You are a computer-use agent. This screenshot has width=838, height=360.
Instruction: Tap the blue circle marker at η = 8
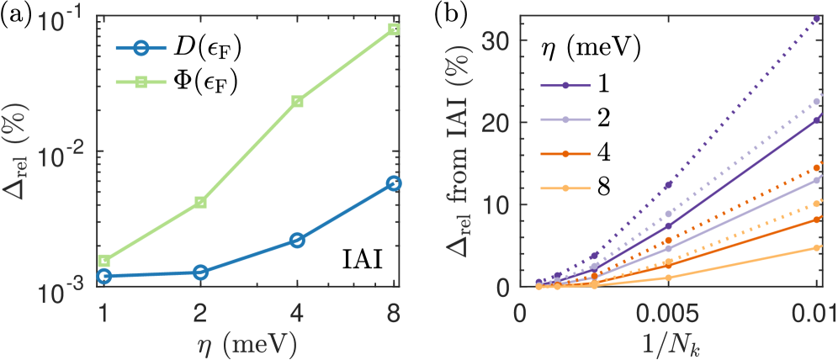(x=393, y=183)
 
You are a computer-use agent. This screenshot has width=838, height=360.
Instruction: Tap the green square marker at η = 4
(x=297, y=101)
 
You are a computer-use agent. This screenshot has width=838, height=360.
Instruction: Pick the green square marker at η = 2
(x=200, y=202)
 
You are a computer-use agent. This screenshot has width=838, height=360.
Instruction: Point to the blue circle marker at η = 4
(x=297, y=241)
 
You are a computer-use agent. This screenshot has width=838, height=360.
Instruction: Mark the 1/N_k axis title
(x=670, y=345)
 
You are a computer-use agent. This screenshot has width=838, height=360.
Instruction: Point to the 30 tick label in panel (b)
(x=502, y=40)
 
